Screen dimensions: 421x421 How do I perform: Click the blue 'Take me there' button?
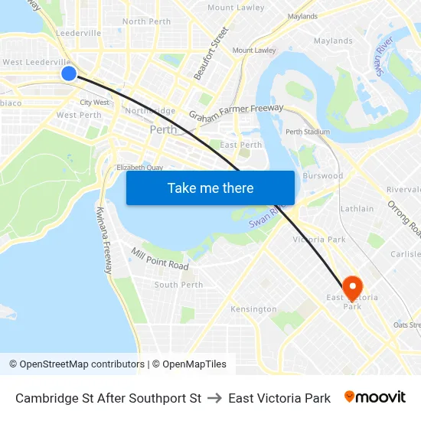click(210, 188)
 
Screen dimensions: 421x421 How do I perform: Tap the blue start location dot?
click(69, 73)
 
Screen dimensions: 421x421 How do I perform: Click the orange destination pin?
click(352, 288)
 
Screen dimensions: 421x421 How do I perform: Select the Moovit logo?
click(375, 397)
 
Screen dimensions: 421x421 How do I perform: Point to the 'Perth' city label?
click(163, 129)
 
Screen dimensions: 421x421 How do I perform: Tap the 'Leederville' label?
click(78, 34)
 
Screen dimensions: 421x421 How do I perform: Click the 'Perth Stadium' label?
click(307, 132)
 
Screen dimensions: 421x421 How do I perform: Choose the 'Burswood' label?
click(324, 175)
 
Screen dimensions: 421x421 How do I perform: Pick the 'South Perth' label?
click(178, 285)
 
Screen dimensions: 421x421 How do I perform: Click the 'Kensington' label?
click(253, 309)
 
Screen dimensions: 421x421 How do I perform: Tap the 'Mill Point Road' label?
click(159, 259)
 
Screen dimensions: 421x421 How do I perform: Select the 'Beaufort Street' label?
click(210, 54)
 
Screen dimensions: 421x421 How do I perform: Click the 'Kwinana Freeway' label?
click(105, 240)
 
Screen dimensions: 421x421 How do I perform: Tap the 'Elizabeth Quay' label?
click(139, 167)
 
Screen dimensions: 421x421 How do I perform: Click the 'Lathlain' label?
click(357, 208)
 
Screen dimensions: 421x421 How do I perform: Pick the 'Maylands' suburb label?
click(333, 41)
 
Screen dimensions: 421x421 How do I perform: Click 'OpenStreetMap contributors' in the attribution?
click(82, 364)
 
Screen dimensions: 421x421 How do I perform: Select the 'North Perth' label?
click(146, 21)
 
